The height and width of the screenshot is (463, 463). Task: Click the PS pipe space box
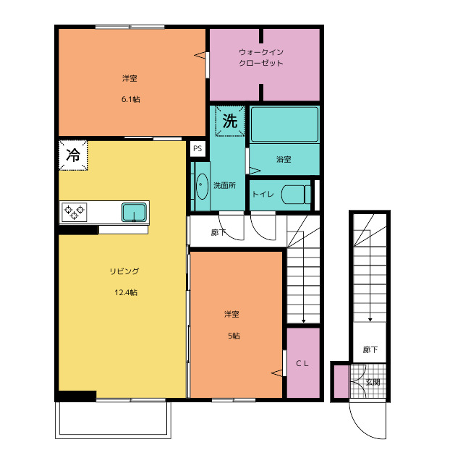[x=197, y=148]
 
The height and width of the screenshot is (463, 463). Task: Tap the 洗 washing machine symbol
[x=230, y=121]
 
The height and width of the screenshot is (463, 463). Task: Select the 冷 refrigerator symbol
[x=73, y=155]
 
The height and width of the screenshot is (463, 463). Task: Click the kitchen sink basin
[x=134, y=212]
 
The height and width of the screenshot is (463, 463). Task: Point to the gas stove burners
[x=74, y=212]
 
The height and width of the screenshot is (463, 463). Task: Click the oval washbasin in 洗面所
[x=202, y=187]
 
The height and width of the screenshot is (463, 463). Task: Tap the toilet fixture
[x=296, y=195]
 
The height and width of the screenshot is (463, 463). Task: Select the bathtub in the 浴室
[x=284, y=124]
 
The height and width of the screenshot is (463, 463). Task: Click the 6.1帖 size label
[x=130, y=99]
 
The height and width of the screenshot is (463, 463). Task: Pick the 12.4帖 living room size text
[x=126, y=292]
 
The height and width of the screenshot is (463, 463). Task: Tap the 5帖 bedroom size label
[x=234, y=336]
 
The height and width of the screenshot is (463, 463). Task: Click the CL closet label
[x=302, y=363]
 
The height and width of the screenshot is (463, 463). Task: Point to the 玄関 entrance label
[x=373, y=382]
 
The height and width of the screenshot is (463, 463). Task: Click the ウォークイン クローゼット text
[x=261, y=58]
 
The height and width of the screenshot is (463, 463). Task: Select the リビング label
[x=124, y=271]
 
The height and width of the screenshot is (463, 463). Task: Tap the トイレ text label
[x=263, y=194]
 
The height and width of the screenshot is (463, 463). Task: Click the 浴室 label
[x=284, y=159]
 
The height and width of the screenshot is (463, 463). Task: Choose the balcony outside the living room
[x=113, y=420]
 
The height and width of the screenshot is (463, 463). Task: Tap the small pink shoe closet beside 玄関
[x=341, y=381]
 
